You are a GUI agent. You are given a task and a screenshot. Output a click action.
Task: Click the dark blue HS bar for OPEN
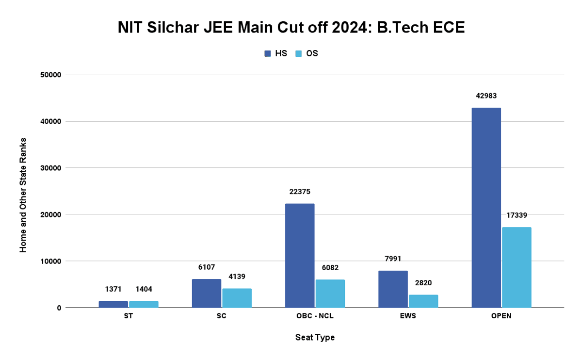(x=486, y=208)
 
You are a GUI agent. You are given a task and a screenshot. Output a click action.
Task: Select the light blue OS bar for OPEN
(x=517, y=267)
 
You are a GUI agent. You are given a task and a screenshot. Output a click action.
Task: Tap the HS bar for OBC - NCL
(x=300, y=256)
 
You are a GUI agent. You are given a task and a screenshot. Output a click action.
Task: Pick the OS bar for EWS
(x=423, y=301)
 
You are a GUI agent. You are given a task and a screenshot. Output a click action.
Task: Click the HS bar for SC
(x=207, y=293)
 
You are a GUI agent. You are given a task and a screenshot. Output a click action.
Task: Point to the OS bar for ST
(x=144, y=304)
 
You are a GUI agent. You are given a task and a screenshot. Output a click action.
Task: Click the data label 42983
(x=486, y=96)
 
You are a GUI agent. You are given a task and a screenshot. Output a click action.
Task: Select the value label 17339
(x=517, y=215)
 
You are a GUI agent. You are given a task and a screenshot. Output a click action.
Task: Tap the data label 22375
(x=300, y=192)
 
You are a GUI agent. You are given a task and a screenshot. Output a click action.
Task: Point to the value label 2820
(x=423, y=283)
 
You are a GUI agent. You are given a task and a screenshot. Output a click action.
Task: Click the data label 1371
(x=113, y=289)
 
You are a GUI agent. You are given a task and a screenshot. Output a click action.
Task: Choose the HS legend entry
(x=276, y=53)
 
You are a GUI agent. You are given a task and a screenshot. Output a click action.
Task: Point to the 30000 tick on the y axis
(x=50, y=168)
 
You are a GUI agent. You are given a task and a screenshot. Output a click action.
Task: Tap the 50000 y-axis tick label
(x=50, y=75)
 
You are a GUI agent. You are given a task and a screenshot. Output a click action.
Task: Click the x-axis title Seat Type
(x=315, y=337)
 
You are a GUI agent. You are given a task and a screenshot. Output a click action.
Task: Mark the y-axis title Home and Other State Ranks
(x=23, y=195)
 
